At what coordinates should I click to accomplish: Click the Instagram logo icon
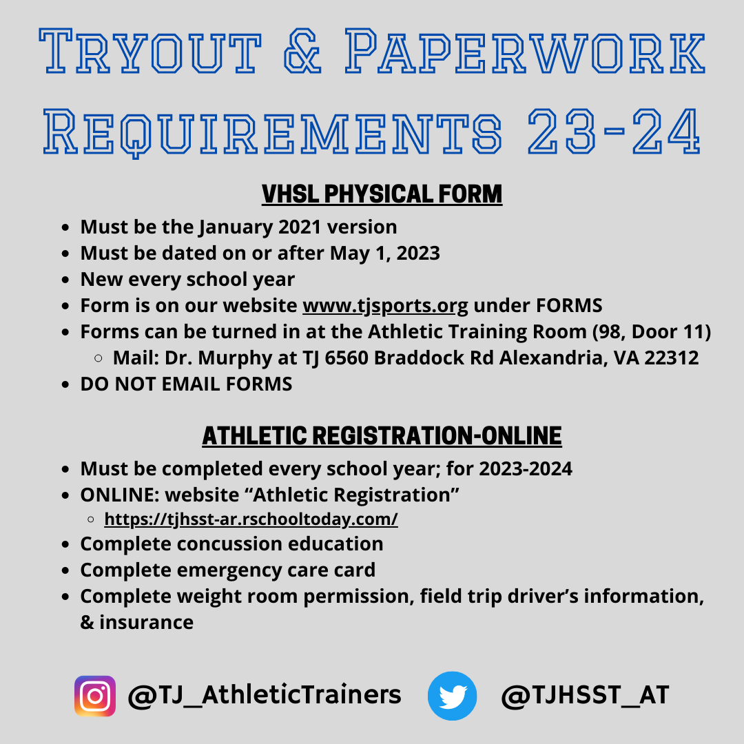[x=95, y=696]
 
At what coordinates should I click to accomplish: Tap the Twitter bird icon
[x=452, y=696]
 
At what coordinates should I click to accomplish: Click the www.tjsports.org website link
[x=385, y=305]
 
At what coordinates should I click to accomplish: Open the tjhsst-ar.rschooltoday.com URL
[x=251, y=519]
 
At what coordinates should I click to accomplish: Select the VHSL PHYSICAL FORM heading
[x=382, y=194]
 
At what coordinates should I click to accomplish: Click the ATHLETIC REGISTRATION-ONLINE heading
[x=382, y=435]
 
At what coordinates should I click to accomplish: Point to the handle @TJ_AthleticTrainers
[x=265, y=694]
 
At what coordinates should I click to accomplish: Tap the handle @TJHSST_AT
[x=585, y=694]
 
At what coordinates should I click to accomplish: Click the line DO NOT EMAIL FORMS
[x=186, y=384]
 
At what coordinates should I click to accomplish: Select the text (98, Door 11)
[x=652, y=331]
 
